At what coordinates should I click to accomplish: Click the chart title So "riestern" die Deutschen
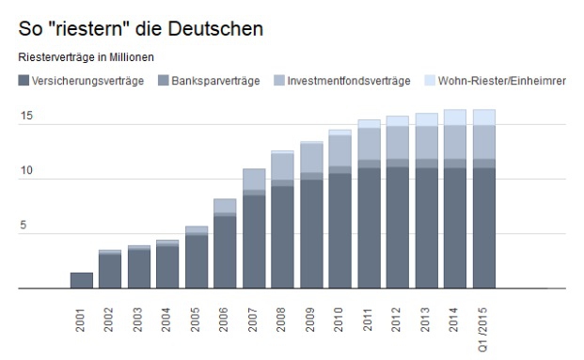tap(140, 29)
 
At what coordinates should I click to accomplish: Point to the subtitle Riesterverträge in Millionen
tap(86, 58)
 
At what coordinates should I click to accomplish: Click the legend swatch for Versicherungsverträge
tap(24, 81)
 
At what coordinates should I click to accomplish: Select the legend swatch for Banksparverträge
tap(163, 81)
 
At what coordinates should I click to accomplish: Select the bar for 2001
tap(82, 280)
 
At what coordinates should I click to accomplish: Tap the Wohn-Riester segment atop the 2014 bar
tap(455, 117)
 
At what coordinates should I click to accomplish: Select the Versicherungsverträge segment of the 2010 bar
tap(340, 230)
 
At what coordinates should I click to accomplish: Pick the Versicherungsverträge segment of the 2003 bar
tap(139, 269)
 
